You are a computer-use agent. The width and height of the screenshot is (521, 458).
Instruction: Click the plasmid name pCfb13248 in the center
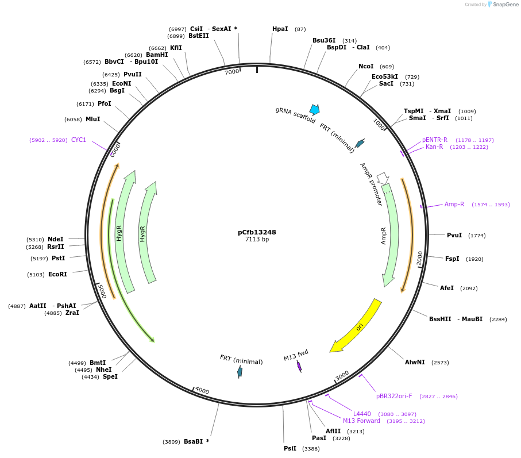(257, 232)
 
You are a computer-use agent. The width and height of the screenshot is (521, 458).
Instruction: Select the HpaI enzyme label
(280, 29)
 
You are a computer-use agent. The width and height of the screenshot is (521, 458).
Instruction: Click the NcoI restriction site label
(366, 66)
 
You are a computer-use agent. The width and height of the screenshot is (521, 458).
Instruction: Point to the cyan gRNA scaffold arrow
(314, 109)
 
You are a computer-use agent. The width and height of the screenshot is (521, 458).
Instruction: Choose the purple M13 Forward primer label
(361, 421)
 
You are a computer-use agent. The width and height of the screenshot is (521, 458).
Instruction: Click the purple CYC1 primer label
(79, 140)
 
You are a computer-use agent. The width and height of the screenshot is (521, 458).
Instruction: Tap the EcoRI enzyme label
(57, 274)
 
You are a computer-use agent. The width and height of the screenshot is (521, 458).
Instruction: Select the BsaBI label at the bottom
(193, 441)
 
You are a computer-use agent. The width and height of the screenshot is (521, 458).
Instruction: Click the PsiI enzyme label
(290, 448)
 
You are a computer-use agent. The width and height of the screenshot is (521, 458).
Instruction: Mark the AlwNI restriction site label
(415, 362)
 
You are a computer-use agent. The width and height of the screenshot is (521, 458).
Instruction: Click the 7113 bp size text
(257, 240)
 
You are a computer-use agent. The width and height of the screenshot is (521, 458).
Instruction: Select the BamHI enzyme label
(157, 55)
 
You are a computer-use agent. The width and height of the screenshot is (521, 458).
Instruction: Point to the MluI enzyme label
(92, 119)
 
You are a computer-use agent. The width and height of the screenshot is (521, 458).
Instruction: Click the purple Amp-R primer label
(454, 204)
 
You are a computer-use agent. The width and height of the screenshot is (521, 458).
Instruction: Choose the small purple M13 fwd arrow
(299, 366)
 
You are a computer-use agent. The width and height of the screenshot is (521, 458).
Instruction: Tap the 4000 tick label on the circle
(202, 391)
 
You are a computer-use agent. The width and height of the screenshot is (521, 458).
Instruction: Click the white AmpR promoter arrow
(383, 179)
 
